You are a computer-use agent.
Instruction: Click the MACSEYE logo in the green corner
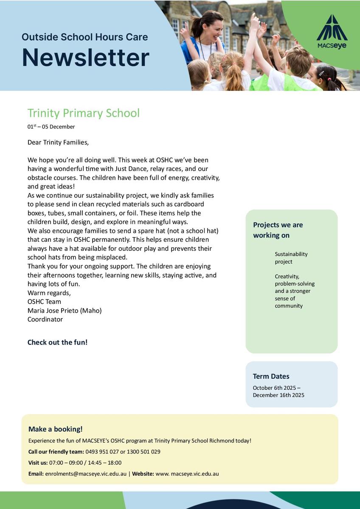click(332, 32)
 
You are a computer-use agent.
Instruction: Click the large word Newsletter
click(85, 58)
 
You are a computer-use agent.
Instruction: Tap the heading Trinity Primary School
click(83, 113)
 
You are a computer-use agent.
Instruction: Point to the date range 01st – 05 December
click(51, 127)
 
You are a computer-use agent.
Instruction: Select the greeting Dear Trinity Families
click(58, 143)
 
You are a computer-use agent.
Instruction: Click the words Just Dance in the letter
click(131, 169)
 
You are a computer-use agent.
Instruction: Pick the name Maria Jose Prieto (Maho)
click(65, 310)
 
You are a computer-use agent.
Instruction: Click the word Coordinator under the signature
click(45, 319)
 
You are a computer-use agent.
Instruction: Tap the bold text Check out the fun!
click(57, 342)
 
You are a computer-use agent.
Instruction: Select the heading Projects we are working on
click(278, 230)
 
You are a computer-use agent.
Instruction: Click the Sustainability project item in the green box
click(291, 258)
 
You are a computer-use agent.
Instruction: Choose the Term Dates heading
click(271, 376)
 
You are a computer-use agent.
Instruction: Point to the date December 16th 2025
click(278, 395)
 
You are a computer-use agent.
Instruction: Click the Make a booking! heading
click(55, 429)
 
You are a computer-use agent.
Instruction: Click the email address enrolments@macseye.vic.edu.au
click(86, 474)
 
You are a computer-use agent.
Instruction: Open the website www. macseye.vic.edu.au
click(187, 474)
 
